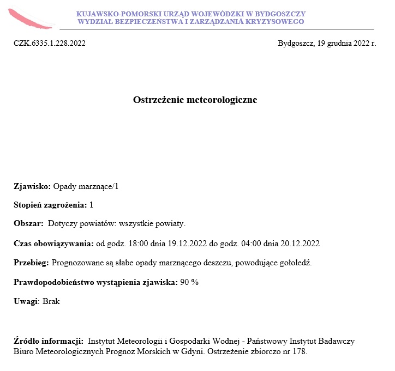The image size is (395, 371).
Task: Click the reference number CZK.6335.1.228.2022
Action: click(x=50, y=43)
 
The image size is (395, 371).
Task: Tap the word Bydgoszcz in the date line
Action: click(x=295, y=43)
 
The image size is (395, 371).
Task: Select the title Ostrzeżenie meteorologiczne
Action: click(x=195, y=100)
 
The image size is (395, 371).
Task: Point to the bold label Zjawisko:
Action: click(x=32, y=186)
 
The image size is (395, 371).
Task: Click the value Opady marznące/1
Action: click(x=86, y=186)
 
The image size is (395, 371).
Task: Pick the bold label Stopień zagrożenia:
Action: click(x=50, y=205)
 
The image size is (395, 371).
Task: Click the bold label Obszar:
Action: click(x=28, y=223)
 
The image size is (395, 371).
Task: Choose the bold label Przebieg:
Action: click(x=31, y=263)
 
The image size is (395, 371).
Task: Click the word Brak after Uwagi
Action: click(x=51, y=301)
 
